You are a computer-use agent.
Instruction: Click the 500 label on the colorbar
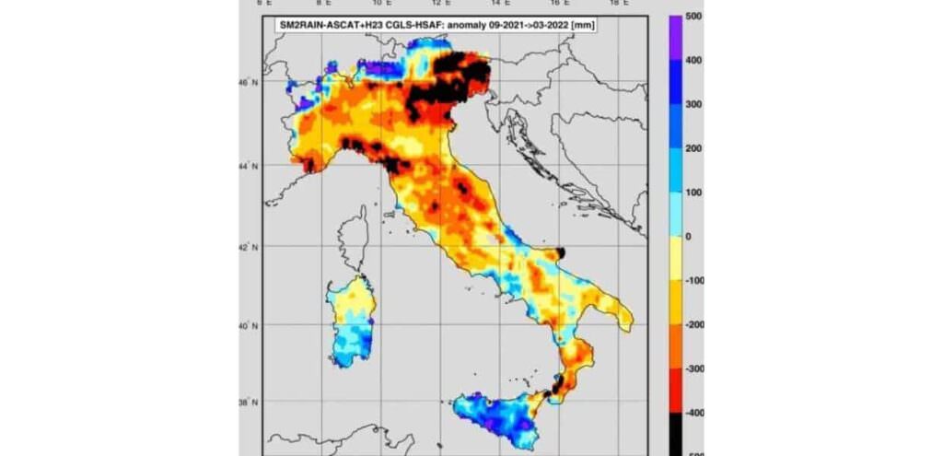(695, 17)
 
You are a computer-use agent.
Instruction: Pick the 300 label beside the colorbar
(695, 104)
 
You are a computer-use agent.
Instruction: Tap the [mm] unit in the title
(581, 26)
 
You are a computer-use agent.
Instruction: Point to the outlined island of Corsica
(355, 234)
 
